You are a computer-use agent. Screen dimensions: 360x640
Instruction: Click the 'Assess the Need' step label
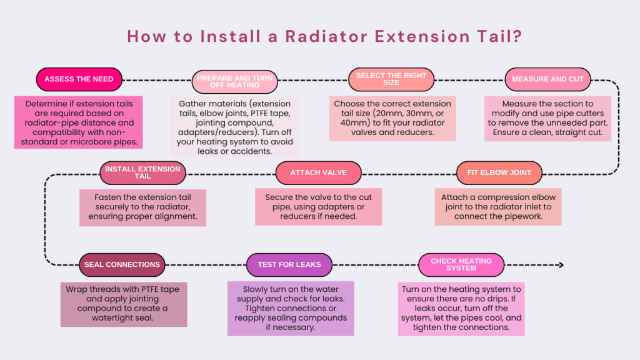click(x=79, y=79)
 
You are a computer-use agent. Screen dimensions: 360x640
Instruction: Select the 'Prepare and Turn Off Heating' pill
click(x=235, y=81)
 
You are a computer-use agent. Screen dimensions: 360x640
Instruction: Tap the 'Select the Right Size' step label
click(x=391, y=79)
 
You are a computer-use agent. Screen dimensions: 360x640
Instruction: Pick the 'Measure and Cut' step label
click(x=547, y=79)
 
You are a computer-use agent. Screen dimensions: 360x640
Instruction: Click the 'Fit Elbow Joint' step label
click(x=499, y=172)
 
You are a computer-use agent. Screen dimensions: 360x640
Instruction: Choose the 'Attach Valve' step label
click(x=318, y=172)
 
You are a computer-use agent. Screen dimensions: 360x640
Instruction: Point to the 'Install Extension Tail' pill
click(x=142, y=172)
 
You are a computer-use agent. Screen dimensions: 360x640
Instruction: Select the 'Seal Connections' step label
click(x=122, y=264)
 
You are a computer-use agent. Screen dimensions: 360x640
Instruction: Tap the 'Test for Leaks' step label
click(x=289, y=264)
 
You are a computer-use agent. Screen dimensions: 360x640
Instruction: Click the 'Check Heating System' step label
click(x=461, y=264)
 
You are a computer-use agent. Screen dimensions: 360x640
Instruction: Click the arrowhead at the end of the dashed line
click(x=560, y=265)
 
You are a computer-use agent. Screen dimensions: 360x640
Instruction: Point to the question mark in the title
click(x=516, y=36)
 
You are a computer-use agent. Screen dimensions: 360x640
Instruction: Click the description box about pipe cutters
click(x=547, y=118)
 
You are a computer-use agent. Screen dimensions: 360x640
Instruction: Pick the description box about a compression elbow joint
click(x=498, y=206)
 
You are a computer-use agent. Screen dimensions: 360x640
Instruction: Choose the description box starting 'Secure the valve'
click(x=318, y=206)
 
